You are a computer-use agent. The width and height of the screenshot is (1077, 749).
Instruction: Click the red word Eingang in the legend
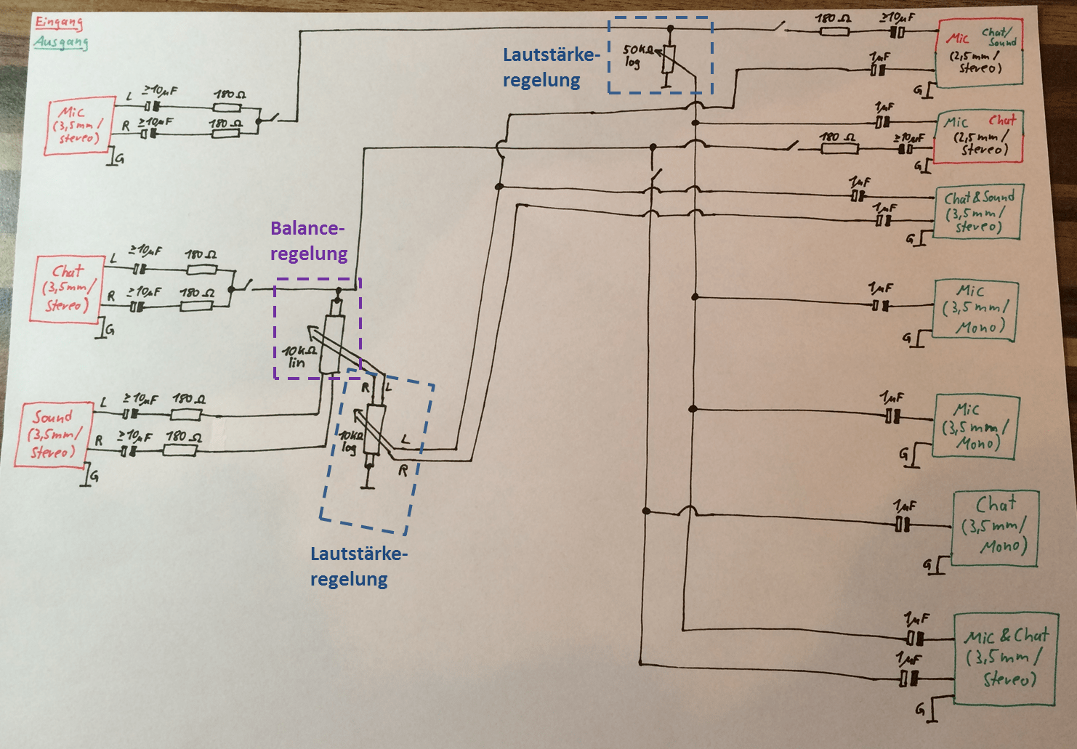[x=59, y=23]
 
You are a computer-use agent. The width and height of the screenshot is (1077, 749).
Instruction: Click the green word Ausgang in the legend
[x=61, y=42]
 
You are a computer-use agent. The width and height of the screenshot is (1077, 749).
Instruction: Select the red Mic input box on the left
[x=78, y=126]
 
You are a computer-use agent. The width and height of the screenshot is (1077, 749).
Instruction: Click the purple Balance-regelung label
[x=308, y=241]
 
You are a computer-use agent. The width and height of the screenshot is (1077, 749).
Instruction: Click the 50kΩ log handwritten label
[x=637, y=56]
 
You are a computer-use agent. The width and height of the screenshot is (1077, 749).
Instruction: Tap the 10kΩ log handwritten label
[x=350, y=442]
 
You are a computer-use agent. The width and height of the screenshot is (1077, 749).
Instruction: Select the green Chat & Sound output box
[x=978, y=211]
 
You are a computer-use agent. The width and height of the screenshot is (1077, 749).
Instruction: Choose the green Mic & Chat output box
[x=1006, y=658]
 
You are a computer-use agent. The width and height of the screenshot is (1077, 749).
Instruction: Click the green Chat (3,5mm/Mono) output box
[x=996, y=529]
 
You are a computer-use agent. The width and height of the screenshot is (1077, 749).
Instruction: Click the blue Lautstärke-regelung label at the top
[x=552, y=68]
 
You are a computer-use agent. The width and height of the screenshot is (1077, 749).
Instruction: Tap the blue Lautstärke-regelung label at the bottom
[x=358, y=566]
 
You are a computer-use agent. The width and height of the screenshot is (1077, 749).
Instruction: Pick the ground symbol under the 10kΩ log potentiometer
[x=370, y=484]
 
